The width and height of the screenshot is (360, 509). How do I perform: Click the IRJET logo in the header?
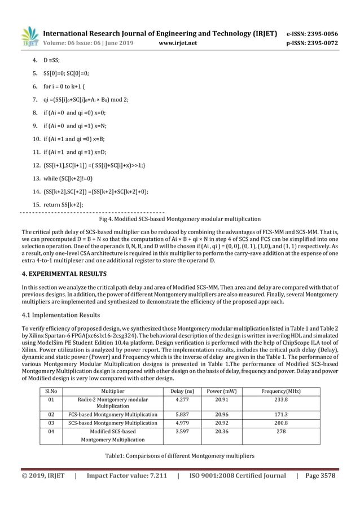pos(30,36)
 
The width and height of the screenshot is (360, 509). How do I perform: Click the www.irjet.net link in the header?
pos(177,41)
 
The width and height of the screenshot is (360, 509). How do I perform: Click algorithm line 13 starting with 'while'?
pos(63,178)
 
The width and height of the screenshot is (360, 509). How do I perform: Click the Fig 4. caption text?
pos(179,218)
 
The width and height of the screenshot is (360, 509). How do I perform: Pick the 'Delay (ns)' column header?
pos(182,390)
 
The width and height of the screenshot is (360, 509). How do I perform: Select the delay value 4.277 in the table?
pos(182,400)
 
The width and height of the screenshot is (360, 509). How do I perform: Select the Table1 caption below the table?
pos(179,455)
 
